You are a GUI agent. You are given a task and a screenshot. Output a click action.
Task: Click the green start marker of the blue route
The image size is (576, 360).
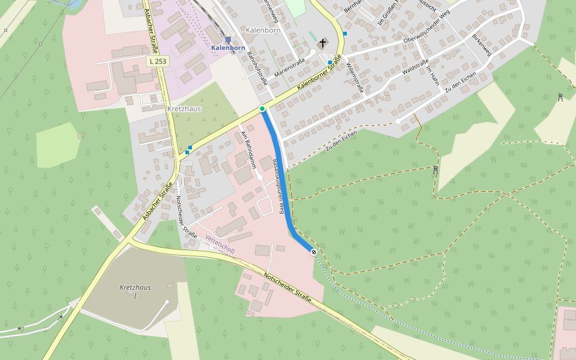tap(262, 109)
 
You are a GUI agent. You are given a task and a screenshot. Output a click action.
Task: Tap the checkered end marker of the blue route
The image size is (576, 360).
tap(314, 251)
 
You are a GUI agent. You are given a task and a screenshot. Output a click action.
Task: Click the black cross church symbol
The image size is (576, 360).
tap(323, 43)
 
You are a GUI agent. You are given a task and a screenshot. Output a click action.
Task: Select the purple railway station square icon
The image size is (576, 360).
tap(228, 39)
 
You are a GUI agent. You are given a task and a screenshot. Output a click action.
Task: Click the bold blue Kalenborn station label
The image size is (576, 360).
tap(228, 47)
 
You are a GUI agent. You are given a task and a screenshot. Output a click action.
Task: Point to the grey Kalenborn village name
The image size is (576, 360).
tap(263, 30)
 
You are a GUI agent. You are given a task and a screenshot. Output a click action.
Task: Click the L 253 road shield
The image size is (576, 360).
tap(158, 61)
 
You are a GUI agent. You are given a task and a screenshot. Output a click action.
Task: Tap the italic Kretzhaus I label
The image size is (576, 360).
tap(135, 292)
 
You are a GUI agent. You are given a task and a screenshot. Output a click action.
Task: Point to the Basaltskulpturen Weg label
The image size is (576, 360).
tap(278, 186)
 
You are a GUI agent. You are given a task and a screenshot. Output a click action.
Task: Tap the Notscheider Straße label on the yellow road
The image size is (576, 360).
tap(287, 287)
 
